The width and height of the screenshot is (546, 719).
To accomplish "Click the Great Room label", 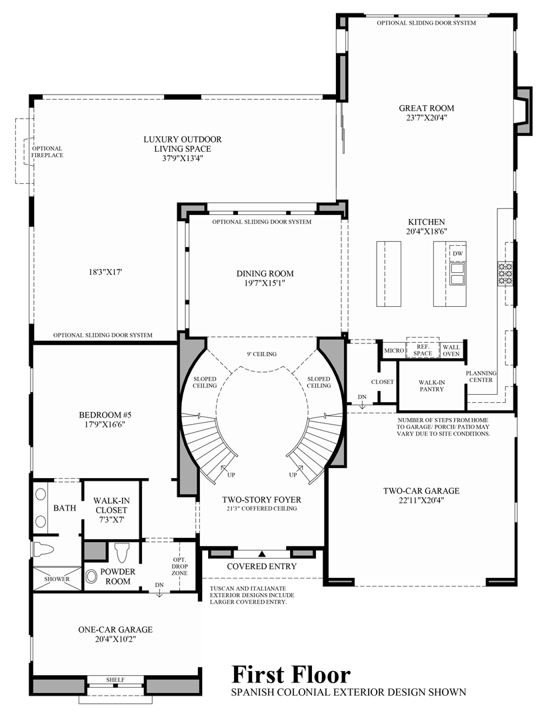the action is [426, 109].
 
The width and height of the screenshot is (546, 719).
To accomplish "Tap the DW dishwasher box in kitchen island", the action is [457, 254].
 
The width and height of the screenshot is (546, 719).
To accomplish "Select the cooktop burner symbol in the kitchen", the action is [505, 273].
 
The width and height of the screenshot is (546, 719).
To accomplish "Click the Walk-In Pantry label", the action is [431, 385].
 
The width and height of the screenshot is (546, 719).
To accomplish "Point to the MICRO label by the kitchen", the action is [393, 351].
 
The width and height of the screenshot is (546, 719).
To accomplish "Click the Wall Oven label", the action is [451, 350].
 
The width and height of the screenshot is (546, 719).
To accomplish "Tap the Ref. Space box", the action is [423, 350].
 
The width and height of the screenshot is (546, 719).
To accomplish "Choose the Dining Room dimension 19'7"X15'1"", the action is [265, 284].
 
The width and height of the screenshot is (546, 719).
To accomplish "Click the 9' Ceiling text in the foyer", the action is [262, 354].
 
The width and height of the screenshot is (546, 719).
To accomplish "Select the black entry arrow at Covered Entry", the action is [262, 553].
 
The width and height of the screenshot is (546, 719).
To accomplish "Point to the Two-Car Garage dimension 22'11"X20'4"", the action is [421, 500].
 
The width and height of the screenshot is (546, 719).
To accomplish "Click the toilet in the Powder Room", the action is [121, 553].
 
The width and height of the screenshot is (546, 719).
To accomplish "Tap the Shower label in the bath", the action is [57, 579].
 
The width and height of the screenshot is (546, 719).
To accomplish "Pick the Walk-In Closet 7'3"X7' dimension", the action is [111, 519].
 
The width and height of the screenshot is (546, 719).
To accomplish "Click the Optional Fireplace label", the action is [47, 152].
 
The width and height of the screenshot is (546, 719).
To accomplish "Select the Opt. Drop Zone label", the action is [179, 567].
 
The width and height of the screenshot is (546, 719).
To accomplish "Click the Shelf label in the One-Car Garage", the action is [115, 680].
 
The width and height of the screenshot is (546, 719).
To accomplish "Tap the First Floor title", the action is [291, 674].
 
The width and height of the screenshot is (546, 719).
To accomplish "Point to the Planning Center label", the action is [481, 376].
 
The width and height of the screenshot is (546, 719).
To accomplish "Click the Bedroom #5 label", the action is [105, 415].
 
